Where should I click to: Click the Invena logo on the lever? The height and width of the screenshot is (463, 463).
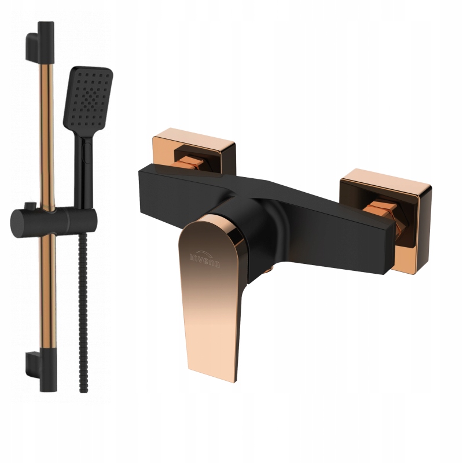tap(204, 259)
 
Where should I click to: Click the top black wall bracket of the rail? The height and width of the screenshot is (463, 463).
tap(41, 42)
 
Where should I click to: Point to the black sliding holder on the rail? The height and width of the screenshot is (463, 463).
tap(53, 222)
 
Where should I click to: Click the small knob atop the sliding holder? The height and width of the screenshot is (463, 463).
tap(30, 205)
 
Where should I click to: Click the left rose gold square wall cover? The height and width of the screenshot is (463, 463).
tap(194, 150)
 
